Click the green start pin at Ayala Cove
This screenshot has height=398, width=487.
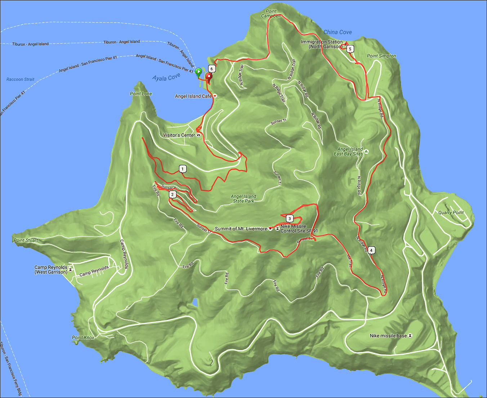click(198, 72)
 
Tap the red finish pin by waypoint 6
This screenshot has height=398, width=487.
click(209, 76)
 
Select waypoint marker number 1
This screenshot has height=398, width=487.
click(183, 169)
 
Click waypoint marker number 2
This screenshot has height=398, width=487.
click(173, 195)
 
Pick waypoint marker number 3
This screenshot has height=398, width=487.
click(290, 219)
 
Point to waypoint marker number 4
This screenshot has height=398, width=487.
click(371, 250)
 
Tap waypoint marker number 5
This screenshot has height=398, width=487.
click(350, 49)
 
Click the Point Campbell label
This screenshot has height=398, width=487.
click(271, 14)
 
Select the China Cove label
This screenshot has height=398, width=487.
click(338, 32)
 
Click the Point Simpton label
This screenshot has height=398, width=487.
click(381, 56)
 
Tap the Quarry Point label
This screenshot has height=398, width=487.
click(451, 213)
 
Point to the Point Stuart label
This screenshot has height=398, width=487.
click(26, 240)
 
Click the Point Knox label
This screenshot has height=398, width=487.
click(83, 337)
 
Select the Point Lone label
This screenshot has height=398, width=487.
click(141, 94)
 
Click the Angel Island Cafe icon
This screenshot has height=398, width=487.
click(215, 96)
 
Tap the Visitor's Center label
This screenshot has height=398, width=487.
click(179, 135)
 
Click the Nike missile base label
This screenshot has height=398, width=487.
click(388, 336)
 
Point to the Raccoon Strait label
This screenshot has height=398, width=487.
click(21, 79)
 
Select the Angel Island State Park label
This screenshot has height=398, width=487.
click(243, 199)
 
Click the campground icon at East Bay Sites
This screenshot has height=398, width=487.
click(366, 152)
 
